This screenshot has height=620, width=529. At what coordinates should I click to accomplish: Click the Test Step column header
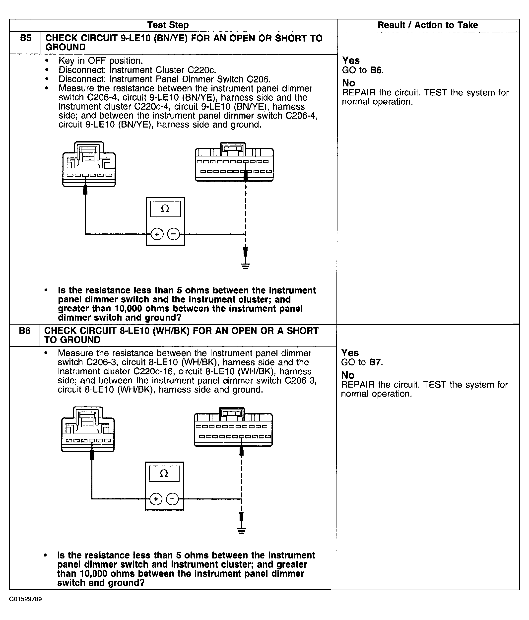[168, 25]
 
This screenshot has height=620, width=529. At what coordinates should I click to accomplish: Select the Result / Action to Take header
[428, 25]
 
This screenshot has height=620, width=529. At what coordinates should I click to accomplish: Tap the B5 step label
[26, 38]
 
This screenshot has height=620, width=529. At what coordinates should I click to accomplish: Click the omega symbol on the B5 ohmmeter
[165, 208]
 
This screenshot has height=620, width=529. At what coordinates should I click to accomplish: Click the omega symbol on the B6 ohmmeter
[164, 473]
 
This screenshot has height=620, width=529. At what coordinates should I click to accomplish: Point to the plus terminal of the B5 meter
[157, 234]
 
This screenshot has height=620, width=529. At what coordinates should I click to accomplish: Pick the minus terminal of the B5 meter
[174, 234]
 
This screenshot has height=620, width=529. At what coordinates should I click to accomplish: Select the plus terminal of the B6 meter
[156, 499]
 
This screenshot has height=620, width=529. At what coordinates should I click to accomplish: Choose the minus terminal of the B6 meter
[172, 499]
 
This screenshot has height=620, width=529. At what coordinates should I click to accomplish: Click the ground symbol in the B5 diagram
[246, 266]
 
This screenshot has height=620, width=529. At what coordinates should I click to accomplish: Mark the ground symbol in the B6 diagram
[241, 531]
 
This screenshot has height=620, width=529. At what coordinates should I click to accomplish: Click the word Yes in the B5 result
[351, 61]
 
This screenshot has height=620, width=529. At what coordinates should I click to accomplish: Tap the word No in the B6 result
[348, 375]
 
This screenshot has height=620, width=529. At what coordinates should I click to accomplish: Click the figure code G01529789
[25, 599]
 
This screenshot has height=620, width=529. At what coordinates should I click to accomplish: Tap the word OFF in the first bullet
[97, 61]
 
